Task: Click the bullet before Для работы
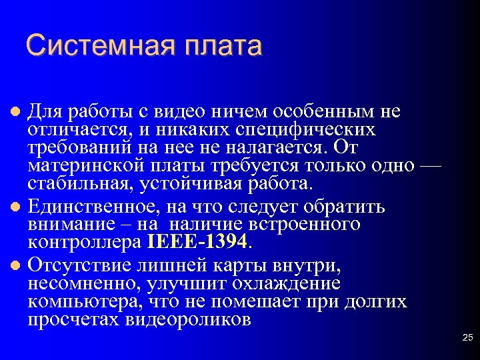[x=18, y=110]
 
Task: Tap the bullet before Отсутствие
[x=18, y=267]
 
